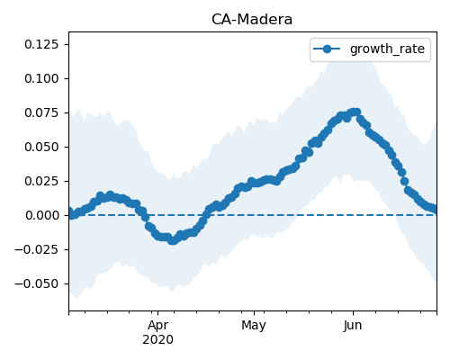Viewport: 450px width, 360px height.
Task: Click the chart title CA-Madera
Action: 252,20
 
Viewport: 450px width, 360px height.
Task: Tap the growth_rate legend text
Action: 387,49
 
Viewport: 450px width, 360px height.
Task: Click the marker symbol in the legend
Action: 327,49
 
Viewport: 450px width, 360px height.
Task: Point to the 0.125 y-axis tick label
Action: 41,44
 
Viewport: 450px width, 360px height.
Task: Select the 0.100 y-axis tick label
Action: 41,78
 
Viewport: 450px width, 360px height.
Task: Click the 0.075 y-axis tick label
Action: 41,112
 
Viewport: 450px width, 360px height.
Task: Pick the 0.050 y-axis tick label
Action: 41,147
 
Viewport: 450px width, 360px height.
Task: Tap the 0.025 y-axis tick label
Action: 41,181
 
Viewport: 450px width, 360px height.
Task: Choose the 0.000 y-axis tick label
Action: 41,215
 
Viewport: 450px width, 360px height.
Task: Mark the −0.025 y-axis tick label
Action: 36,249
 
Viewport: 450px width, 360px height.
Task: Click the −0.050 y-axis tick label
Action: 36,283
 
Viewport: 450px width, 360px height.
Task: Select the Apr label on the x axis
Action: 157,326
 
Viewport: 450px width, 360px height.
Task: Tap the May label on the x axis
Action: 254,326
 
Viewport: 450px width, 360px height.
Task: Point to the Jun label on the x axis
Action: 353,325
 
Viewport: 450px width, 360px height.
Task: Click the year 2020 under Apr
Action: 157,339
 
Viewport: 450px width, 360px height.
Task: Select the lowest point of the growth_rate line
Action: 173,240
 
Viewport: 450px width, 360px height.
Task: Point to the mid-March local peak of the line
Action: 110,195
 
